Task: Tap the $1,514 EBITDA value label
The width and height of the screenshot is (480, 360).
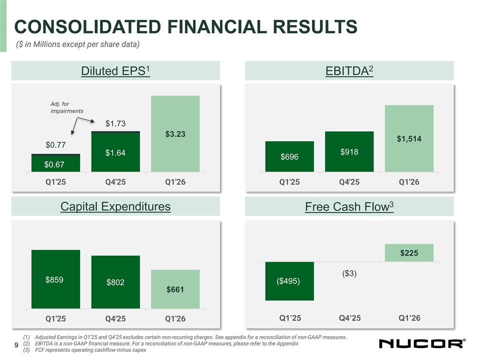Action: click(408, 138)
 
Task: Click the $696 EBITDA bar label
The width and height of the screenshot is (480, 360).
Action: click(289, 157)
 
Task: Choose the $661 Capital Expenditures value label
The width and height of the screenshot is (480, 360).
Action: click(175, 289)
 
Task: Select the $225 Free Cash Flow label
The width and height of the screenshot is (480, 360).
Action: click(409, 253)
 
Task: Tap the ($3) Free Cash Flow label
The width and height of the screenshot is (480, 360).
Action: click(349, 273)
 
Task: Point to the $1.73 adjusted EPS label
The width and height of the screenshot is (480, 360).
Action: click(115, 124)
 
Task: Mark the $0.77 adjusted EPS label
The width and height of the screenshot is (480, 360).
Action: click(55, 145)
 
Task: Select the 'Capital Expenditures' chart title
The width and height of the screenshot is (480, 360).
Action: click(115, 206)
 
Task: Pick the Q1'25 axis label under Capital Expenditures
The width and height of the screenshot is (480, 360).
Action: click(55, 318)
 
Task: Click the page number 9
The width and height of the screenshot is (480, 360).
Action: click(17, 345)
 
